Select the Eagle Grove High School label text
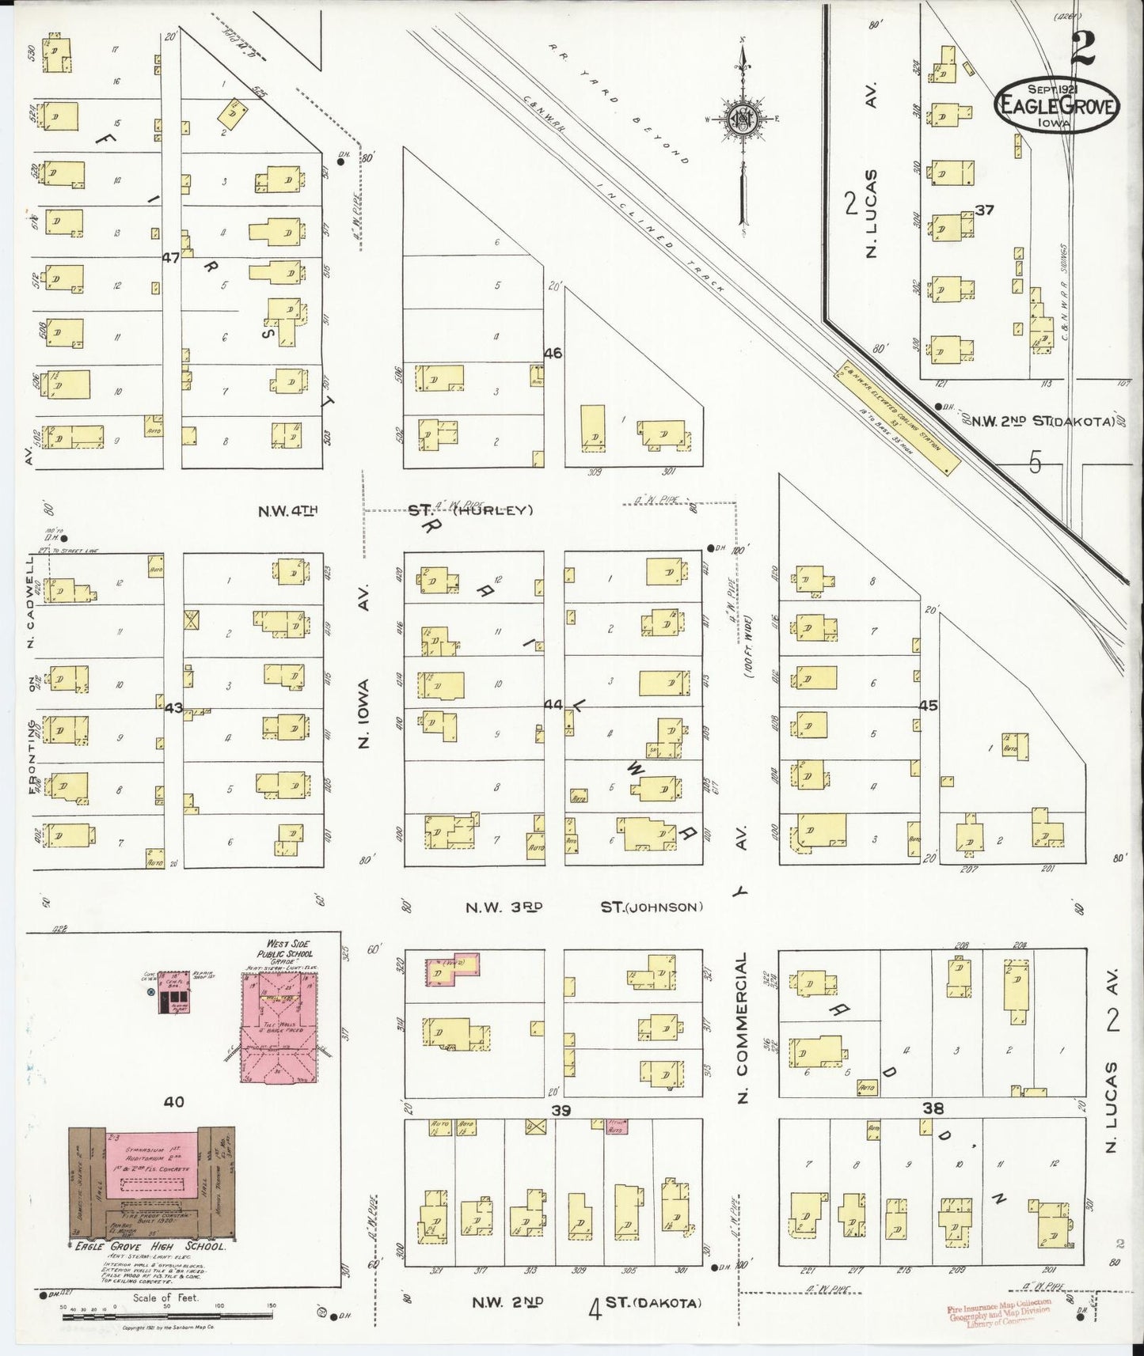(149, 1244)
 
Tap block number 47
(172, 257)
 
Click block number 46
(553, 353)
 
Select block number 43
(173, 708)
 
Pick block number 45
(927, 705)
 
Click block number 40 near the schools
(174, 1101)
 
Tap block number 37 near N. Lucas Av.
(984, 210)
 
